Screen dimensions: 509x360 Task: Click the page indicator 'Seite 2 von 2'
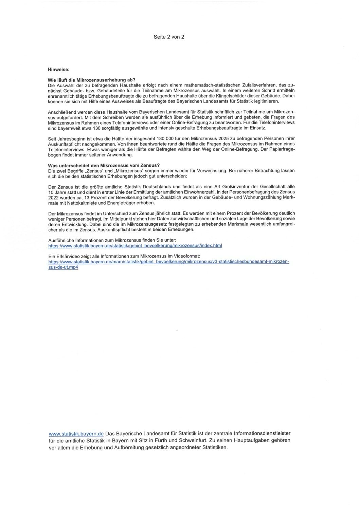[x=169, y=37]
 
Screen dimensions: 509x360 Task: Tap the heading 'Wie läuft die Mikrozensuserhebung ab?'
[x=92, y=79]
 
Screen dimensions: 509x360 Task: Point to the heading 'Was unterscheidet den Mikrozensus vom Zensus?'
[x=104, y=165]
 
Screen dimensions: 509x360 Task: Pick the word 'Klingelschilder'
[x=232, y=96]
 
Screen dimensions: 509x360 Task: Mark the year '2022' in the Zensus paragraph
[x=54, y=197]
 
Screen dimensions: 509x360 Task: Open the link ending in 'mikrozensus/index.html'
[x=135, y=245]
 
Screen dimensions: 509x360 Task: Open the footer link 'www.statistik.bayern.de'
[x=76, y=434]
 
